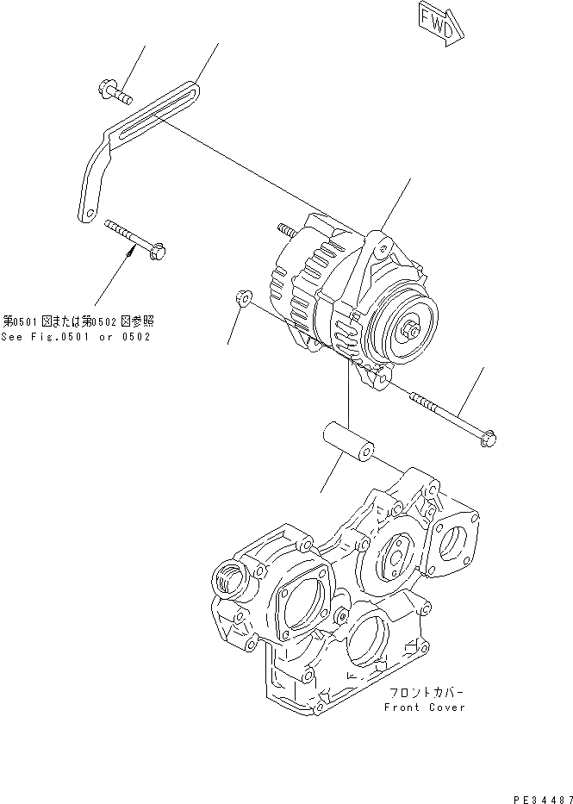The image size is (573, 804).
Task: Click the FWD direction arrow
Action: pos(439,22)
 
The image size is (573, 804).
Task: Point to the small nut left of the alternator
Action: pos(242,299)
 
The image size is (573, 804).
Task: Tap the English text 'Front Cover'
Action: pos(426,707)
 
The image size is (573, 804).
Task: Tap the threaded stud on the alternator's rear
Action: pos(285,230)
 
